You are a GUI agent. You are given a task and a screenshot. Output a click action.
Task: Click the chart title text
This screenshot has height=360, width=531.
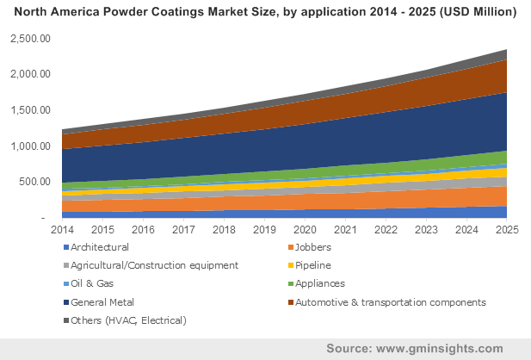point(265,13)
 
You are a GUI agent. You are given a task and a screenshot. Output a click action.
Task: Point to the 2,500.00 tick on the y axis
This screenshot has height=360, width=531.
point(30,39)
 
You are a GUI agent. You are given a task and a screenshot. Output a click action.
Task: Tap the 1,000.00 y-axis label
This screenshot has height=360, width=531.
point(30,146)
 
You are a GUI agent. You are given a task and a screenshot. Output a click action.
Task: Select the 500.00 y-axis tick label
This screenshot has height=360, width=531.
point(35,182)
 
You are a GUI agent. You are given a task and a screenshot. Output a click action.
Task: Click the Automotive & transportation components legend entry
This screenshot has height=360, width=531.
point(390,303)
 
